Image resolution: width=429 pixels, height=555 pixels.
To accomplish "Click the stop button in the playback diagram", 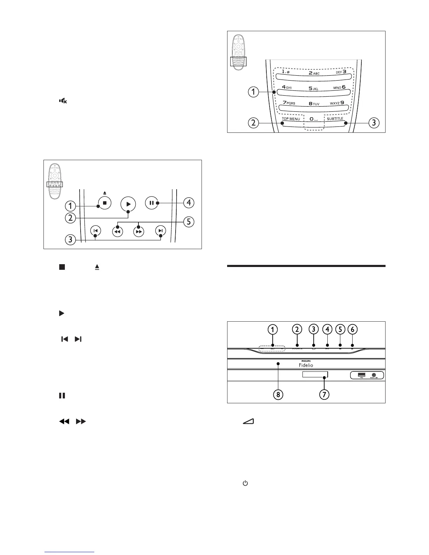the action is (104, 203).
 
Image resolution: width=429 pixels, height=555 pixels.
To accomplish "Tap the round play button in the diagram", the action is (128, 204).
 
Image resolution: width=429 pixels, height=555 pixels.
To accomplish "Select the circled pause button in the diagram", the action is (151, 203).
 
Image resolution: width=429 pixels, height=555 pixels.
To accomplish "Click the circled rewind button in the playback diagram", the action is (117, 232).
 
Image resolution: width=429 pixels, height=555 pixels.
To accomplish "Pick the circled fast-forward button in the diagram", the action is (139, 232).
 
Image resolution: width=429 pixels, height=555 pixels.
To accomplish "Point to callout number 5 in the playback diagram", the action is (189, 222).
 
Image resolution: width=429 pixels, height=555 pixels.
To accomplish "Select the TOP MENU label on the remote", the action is (291, 119).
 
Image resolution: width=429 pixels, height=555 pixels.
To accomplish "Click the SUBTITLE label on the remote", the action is (335, 119).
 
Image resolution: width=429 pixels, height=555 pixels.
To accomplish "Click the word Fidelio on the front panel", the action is (306, 365).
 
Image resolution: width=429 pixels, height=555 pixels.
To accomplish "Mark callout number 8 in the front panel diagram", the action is (278, 395).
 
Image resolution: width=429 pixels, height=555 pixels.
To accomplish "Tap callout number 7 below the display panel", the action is (324, 395).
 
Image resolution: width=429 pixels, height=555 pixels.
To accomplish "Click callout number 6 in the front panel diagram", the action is (353, 329).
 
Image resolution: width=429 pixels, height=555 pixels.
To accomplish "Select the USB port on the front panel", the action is (361, 375).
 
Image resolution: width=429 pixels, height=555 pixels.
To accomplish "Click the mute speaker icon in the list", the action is (63, 101).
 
